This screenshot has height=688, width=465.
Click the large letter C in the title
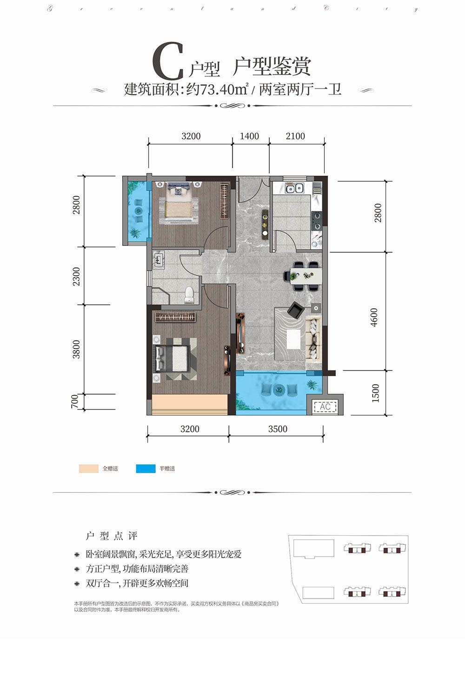coord(168,62)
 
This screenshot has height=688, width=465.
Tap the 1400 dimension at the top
coord(249,136)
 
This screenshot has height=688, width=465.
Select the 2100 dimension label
coord(295,136)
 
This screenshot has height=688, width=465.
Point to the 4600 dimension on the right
coord(375,317)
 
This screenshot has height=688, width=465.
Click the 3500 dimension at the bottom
coord(278,429)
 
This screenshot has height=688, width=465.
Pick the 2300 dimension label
coord(76,276)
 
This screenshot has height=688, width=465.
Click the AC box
coord(325,407)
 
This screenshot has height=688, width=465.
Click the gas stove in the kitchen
coord(317,221)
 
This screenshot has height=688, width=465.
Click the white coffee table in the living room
coord(293,339)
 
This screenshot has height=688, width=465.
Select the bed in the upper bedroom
coord(179,202)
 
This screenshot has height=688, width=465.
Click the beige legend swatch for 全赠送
coord(88,469)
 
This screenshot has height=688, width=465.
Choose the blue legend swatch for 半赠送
coord(146,469)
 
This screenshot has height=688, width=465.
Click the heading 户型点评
coord(112,536)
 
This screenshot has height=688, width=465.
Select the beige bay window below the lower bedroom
coord(189,404)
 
